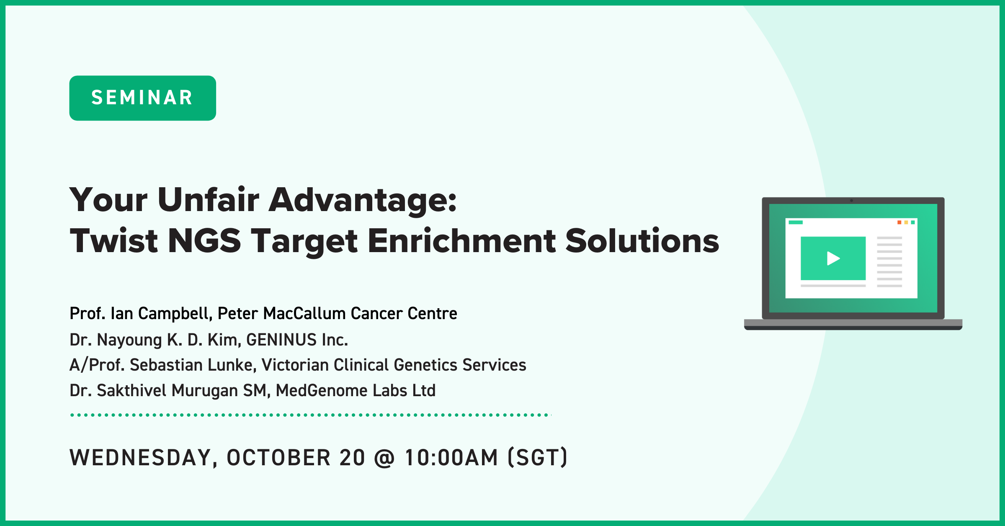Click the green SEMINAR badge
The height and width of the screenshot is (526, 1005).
(142, 98)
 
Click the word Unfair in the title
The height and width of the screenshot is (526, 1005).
(209, 200)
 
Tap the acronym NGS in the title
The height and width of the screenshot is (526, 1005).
(204, 241)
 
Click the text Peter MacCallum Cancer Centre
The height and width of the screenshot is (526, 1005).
(337, 313)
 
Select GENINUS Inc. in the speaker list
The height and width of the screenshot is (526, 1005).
(297, 340)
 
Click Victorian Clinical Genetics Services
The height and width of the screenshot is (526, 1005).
(394, 365)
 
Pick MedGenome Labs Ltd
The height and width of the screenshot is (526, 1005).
(356, 391)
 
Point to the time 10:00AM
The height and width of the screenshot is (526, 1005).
(451, 457)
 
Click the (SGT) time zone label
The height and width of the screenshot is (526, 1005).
(538, 457)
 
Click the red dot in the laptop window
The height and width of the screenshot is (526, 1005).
(899, 222)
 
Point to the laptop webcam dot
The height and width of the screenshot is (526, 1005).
(851, 201)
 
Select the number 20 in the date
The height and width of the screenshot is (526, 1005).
(352, 457)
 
